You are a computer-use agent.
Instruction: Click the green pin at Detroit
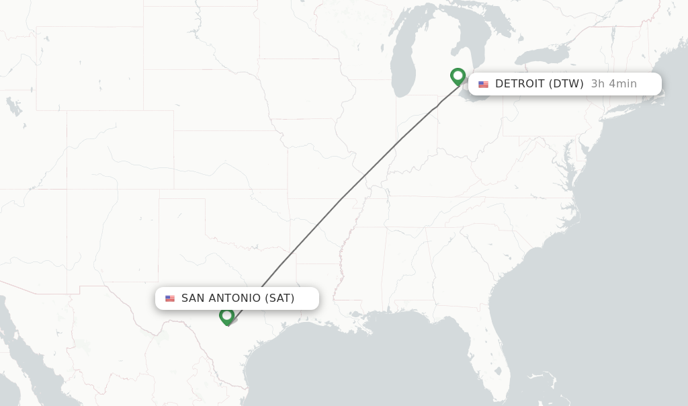458,76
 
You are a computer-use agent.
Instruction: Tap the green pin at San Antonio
227,315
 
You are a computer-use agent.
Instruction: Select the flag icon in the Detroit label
483,84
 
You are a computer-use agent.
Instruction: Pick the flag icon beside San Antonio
170,298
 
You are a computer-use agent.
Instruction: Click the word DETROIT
519,84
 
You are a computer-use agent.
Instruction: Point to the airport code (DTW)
566,84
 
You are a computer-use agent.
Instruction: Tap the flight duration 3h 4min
613,84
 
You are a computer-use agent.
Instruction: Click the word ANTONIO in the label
234,298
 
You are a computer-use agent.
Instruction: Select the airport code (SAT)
279,298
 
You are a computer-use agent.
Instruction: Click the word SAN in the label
193,298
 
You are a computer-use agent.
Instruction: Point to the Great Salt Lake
13,106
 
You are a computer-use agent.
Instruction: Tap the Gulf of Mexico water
376,363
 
